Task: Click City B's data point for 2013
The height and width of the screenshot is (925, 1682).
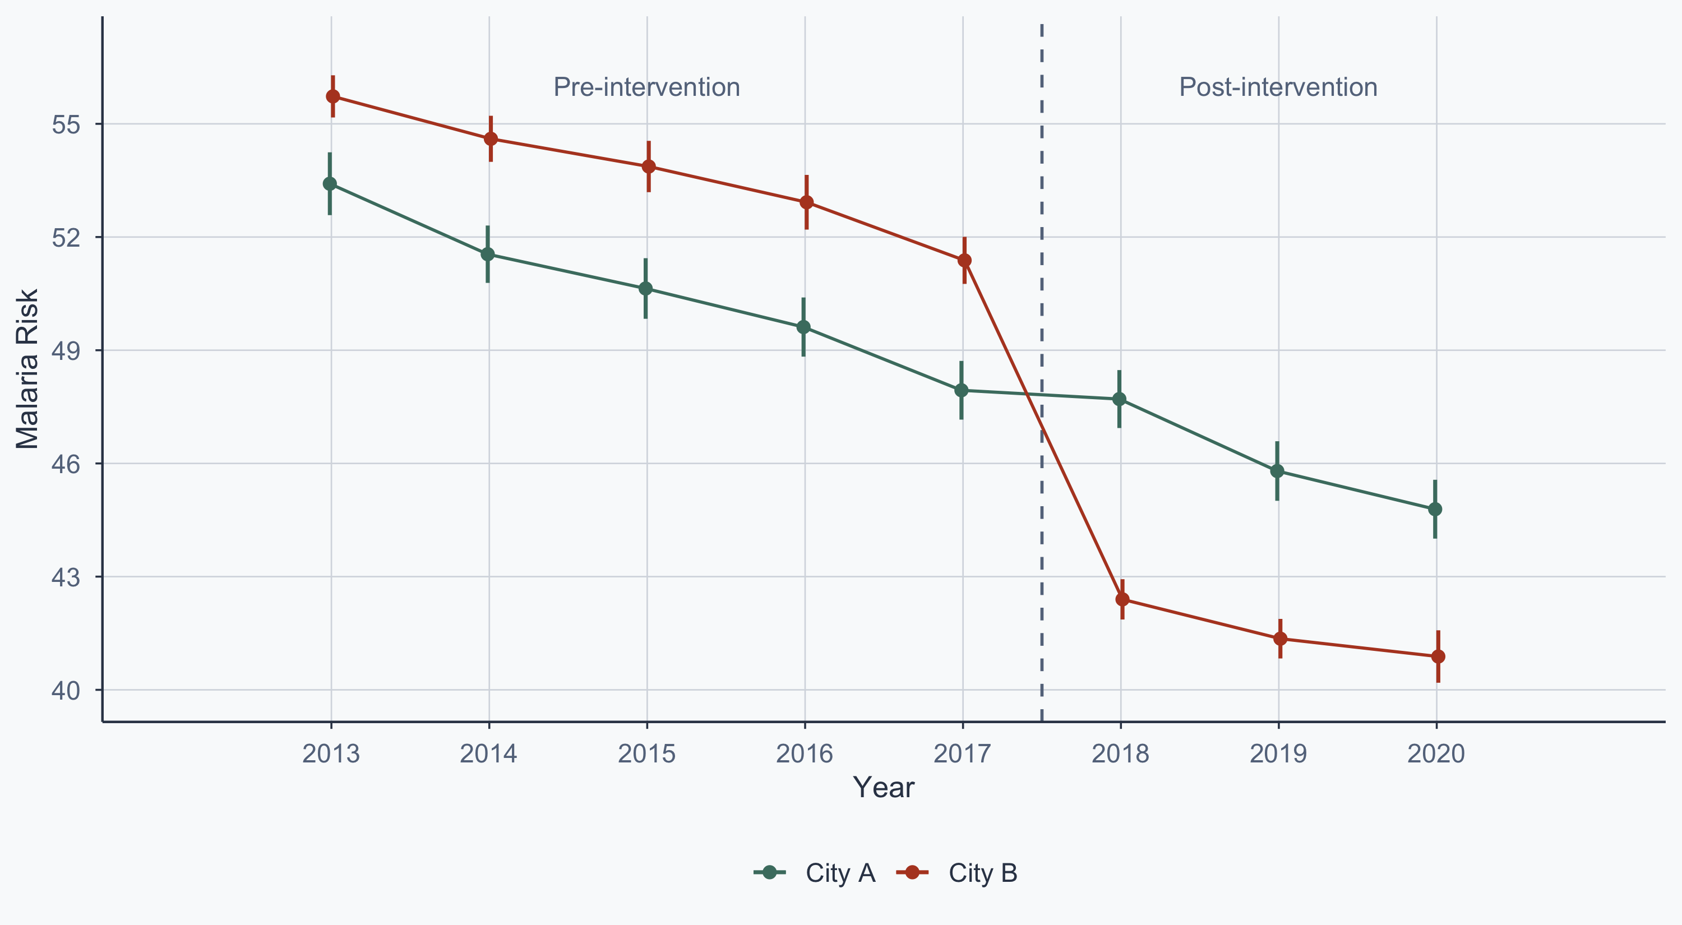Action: (x=333, y=96)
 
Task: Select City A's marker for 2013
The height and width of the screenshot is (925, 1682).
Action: (x=330, y=184)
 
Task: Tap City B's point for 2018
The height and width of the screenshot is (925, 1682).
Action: (x=1122, y=599)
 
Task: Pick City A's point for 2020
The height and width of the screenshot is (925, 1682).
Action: (x=1435, y=509)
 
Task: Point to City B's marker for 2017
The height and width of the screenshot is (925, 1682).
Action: (x=964, y=261)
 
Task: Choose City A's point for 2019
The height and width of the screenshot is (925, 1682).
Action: (x=1277, y=471)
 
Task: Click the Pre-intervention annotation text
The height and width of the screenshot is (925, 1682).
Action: (x=646, y=87)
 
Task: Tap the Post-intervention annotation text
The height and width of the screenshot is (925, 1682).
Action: (x=1278, y=87)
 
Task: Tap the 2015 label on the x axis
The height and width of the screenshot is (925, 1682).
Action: (x=646, y=754)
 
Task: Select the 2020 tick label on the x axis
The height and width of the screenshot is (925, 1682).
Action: (x=1436, y=754)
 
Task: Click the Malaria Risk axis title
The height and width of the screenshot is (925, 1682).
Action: (x=27, y=369)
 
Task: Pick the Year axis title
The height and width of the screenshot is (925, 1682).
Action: (x=884, y=788)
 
